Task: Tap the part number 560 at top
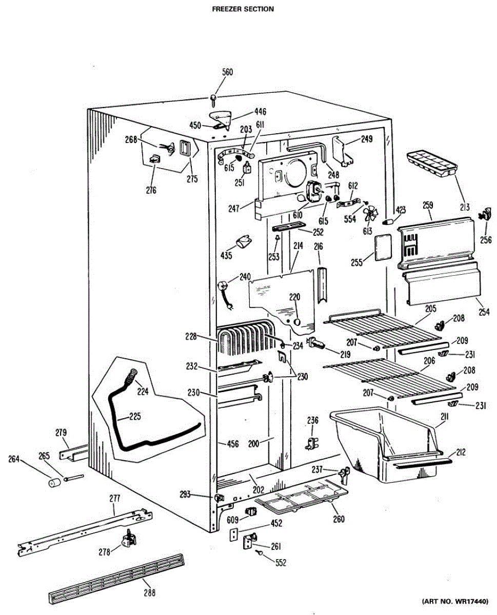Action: pyautogui.click(x=227, y=72)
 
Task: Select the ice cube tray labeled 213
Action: pyautogui.click(x=431, y=164)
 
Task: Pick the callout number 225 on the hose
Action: pyautogui.click(x=134, y=416)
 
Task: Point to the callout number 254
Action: pyautogui.click(x=485, y=312)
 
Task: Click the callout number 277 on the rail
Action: pyautogui.click(x=114, y=498)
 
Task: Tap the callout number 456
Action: pyautogui.click(x=233, y=444)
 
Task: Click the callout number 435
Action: pyautogui.click(x=226, y=255)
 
